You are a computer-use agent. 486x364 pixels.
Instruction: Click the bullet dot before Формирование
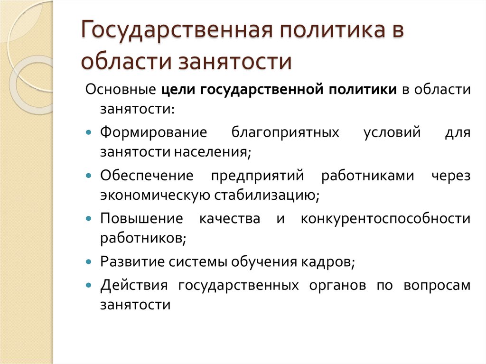pyautogui.click(x=90, y=132)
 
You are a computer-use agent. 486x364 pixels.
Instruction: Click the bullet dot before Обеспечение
pyautogui.click(x=90, y=175)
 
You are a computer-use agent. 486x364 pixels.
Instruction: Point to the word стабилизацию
pyautogui.click(x=269, y=196)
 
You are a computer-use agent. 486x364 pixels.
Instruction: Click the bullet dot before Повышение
pyautogui.click(x=90, y=219)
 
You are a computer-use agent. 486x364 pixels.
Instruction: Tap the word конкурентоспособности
pyautogui.click(x=385, y=219)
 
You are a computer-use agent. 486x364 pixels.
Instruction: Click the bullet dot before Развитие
pyautogui.click(x=90, y=262)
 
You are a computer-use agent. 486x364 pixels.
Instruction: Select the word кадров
pyautogui.click(x=333, y=262)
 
